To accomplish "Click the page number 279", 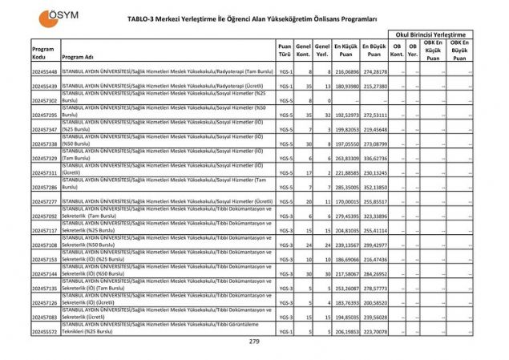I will (254, 342).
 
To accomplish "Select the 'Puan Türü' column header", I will (285, 51).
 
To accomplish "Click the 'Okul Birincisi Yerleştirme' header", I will (430, 34).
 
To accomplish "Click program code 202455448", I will (44, 72).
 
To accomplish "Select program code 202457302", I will (44, 101).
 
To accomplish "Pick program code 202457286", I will (44, 187).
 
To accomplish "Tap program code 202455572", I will (44, 330).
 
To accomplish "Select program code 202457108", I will (44, 245).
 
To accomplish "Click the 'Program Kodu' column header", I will (43, 51).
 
